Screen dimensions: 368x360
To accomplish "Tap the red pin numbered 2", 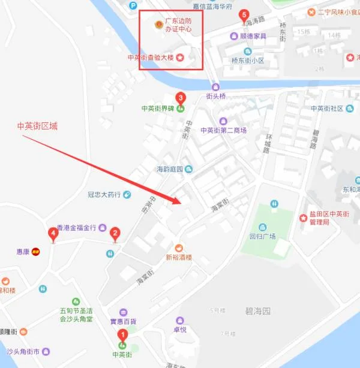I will click(x=114, y=233).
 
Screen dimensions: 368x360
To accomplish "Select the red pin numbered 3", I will click(x=180, y=98).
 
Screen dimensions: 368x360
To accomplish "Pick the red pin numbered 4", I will click(x=53, y=233).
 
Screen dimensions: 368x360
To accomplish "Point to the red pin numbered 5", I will click(x=244, y=15).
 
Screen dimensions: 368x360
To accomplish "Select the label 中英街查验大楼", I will click(x=151, y=58).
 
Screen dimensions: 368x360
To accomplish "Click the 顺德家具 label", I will click(x=251, y=36).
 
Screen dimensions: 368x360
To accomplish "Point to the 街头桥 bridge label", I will click(x=215, y=96).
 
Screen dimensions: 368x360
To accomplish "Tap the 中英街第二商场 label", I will click(x=223, y=130).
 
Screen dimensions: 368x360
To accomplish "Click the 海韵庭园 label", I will click(x=170, y=169).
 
